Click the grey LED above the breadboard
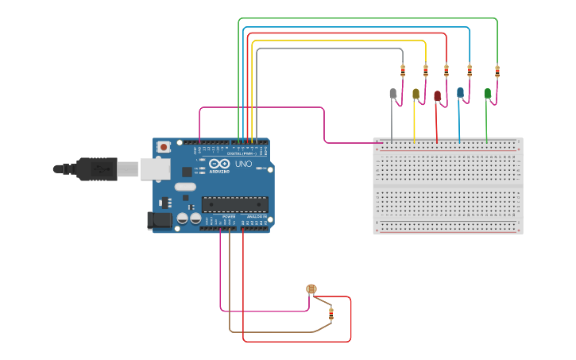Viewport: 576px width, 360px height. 392,94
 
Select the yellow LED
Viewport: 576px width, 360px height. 416,95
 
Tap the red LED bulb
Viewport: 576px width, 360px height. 437,96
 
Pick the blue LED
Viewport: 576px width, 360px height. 460,93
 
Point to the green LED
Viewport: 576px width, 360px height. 487,93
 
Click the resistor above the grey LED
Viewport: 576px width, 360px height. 403,71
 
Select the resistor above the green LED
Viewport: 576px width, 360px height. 497,72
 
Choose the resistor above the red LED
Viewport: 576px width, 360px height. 446,71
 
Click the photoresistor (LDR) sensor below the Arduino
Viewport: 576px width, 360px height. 311,289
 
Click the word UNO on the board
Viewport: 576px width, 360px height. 243,165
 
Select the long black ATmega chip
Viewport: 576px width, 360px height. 234,204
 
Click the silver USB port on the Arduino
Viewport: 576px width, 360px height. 155,168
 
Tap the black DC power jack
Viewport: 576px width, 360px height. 160,220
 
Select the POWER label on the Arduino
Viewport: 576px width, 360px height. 229,216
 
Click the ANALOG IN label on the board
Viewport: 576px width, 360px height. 257,216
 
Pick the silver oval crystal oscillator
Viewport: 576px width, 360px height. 184,187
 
